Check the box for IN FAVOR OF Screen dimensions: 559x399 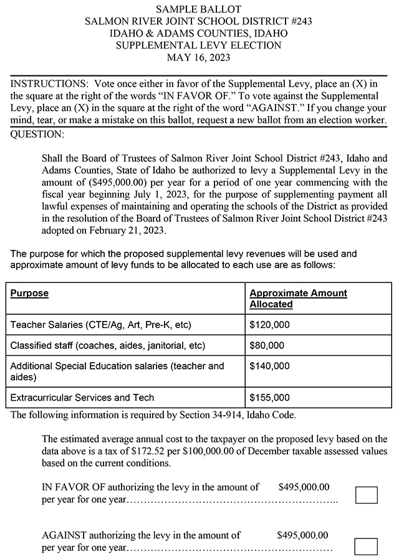click(366, 495)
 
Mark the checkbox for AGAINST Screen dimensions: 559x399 click(366, 547)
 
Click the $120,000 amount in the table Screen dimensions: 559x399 click(269, 325)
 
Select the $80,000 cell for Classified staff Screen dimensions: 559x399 click(267, 345)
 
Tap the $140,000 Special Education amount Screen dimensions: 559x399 click(269, 366)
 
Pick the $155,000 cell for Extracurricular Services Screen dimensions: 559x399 click(269, 397)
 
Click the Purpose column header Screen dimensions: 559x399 click(29, 293)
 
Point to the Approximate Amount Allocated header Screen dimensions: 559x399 click(298, 299)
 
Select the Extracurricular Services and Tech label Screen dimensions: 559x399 click(82, 397)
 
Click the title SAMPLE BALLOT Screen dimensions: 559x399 click(199, 9)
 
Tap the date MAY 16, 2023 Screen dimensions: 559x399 click(199, 57)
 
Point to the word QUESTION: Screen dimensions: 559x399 click(37, 133)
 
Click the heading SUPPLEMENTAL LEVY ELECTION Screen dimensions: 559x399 click(199, 45)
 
